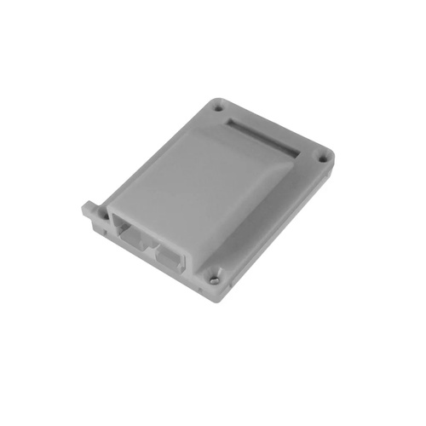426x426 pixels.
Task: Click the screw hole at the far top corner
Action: pos(217,108)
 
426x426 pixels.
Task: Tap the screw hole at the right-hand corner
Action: pos(321,157)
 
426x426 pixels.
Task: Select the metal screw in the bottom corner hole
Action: pos(214,278)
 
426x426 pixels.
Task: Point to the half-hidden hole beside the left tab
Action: pos(104,216)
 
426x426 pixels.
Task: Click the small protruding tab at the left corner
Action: pos(88,207)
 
